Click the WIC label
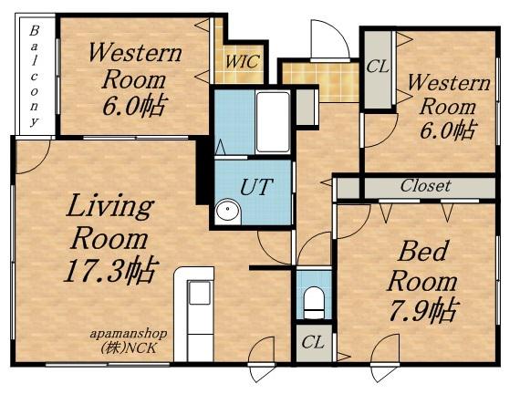(242, 61)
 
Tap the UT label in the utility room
(256, 187)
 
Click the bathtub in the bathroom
(273, 122)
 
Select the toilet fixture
(314, 303)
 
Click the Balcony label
(34, 77)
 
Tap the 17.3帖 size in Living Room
(110, 270)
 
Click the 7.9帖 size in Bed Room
(423, 311)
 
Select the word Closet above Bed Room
(425, 186)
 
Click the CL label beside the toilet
(313, 342)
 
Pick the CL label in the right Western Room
(378, 67)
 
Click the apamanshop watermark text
(129, 335)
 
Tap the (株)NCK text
(129, 347)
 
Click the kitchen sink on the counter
(199, 293)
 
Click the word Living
(109, 207)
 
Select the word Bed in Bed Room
(423, 251)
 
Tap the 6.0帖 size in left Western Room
(133, 106)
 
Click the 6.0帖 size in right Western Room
(446, 130)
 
